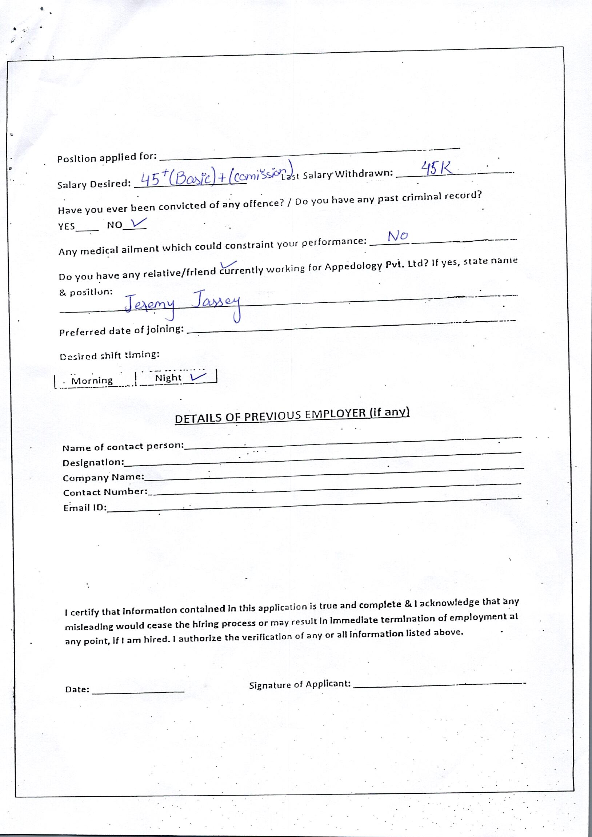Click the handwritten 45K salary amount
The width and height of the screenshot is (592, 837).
(x=437, y=168)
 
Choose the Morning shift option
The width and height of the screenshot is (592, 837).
(x=92, y=381)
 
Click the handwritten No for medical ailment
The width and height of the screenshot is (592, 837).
(x=397, y=236)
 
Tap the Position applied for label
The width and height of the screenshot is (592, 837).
(x=107, y=157)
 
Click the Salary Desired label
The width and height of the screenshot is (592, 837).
(x=94, y=185)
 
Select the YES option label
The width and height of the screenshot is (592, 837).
(x=67, y=226)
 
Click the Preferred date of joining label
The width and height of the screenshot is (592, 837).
(x=121, y=331)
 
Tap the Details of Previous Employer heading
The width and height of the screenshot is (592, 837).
(x=292, y=415)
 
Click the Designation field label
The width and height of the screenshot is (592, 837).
(x=93, y=463)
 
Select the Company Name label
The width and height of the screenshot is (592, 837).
(x=103, y=478)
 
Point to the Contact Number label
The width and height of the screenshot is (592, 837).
(x=105, y=492)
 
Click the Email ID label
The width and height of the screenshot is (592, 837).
(x=85, y=508)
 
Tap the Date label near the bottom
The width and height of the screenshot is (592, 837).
(x=77, y=689)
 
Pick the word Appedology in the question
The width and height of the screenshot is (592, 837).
(x=353, y=266)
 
